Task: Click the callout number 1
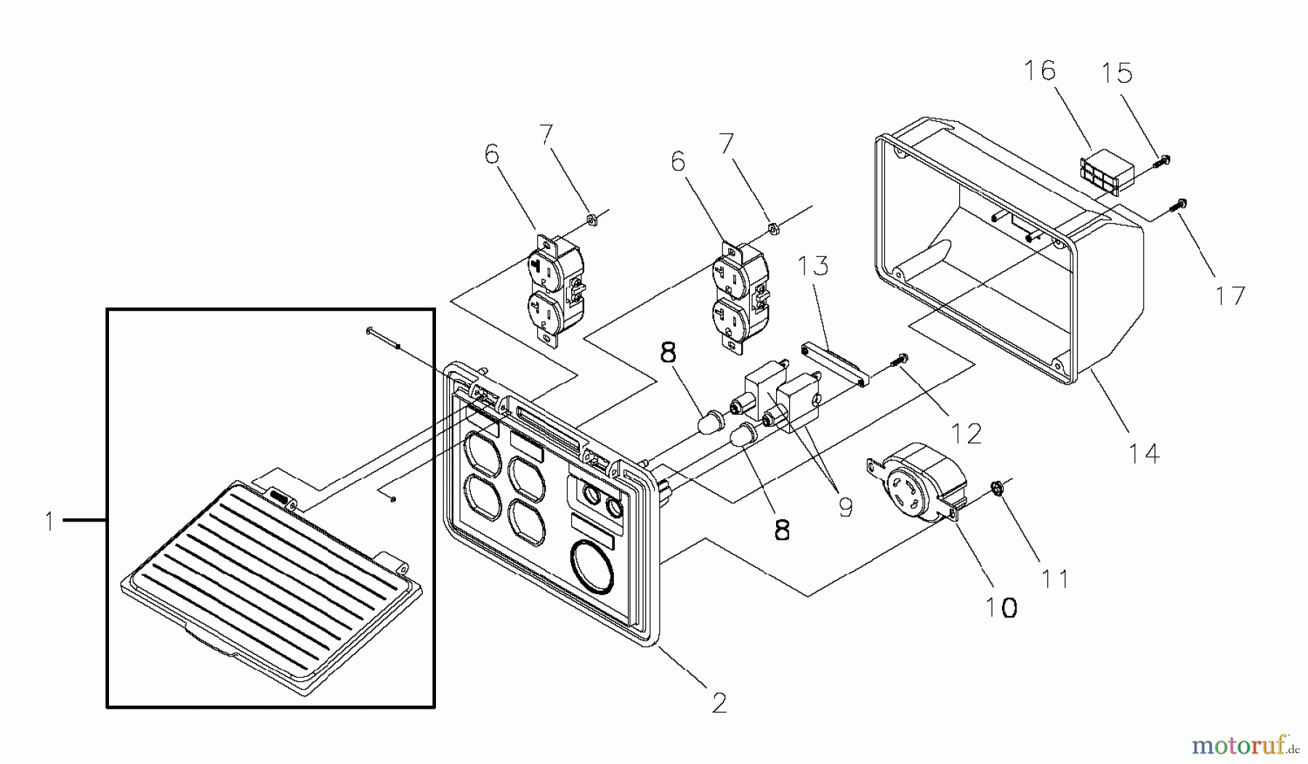[49, 521]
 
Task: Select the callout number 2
[718, 702]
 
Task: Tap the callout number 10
[1001, 606]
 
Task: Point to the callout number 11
[1055, 579]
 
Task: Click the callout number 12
[966, 434]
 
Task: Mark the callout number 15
[1116, 73]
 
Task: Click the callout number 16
[1040, 70]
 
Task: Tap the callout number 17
[1230, 295]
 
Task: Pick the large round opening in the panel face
[593, 564]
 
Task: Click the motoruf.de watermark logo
[1246, 745]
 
